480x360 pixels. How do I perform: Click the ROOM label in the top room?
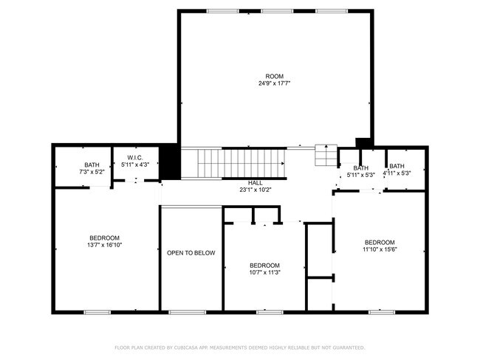coord(275,77)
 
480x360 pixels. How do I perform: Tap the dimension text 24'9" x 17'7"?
coord(275,83)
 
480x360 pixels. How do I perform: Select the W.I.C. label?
coord(134,158)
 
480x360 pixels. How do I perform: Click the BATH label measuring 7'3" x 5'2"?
coord(92,165)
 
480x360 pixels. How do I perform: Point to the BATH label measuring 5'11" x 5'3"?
coord(361,168)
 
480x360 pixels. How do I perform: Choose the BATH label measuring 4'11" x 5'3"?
coord(397,167)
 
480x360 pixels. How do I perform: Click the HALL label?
coord(255,183)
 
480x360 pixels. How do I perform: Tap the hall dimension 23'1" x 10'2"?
coord(255,190)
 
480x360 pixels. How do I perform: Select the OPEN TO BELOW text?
coord(191,253)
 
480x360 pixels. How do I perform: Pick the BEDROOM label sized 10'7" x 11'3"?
coord(264,266)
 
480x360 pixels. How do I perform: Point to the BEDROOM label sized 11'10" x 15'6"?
coord(380,243)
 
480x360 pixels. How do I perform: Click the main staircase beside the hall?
coord(233,162)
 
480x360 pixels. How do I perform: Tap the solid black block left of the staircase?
coord(170,162)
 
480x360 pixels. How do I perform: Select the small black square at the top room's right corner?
coord(362,142)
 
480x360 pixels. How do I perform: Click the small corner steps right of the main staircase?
coord(325,155)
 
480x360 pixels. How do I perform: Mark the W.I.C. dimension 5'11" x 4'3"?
coord(134,165)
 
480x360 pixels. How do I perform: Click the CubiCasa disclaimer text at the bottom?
coord(240,347)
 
